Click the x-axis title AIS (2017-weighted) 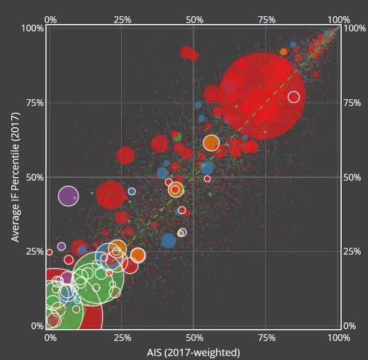(194, 352)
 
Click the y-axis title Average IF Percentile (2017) (15, 177)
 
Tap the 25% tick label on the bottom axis (122, 338)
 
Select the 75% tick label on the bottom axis (266, 338)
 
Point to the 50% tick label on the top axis (194, 20)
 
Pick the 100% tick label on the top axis (338, 20)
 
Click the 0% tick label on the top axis (50, 20)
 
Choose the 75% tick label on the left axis (33, 103)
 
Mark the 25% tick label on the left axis (33, 251)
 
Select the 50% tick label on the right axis (353, 177)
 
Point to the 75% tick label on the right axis (353, 103)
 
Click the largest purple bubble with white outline (68, 196)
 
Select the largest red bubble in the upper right (262, 95)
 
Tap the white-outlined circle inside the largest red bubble (293, 97)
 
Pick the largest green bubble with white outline (98, 277)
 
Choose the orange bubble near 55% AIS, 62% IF (211, 143)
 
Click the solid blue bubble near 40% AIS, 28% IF (168, 241)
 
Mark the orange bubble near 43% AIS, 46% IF (176, 190)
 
